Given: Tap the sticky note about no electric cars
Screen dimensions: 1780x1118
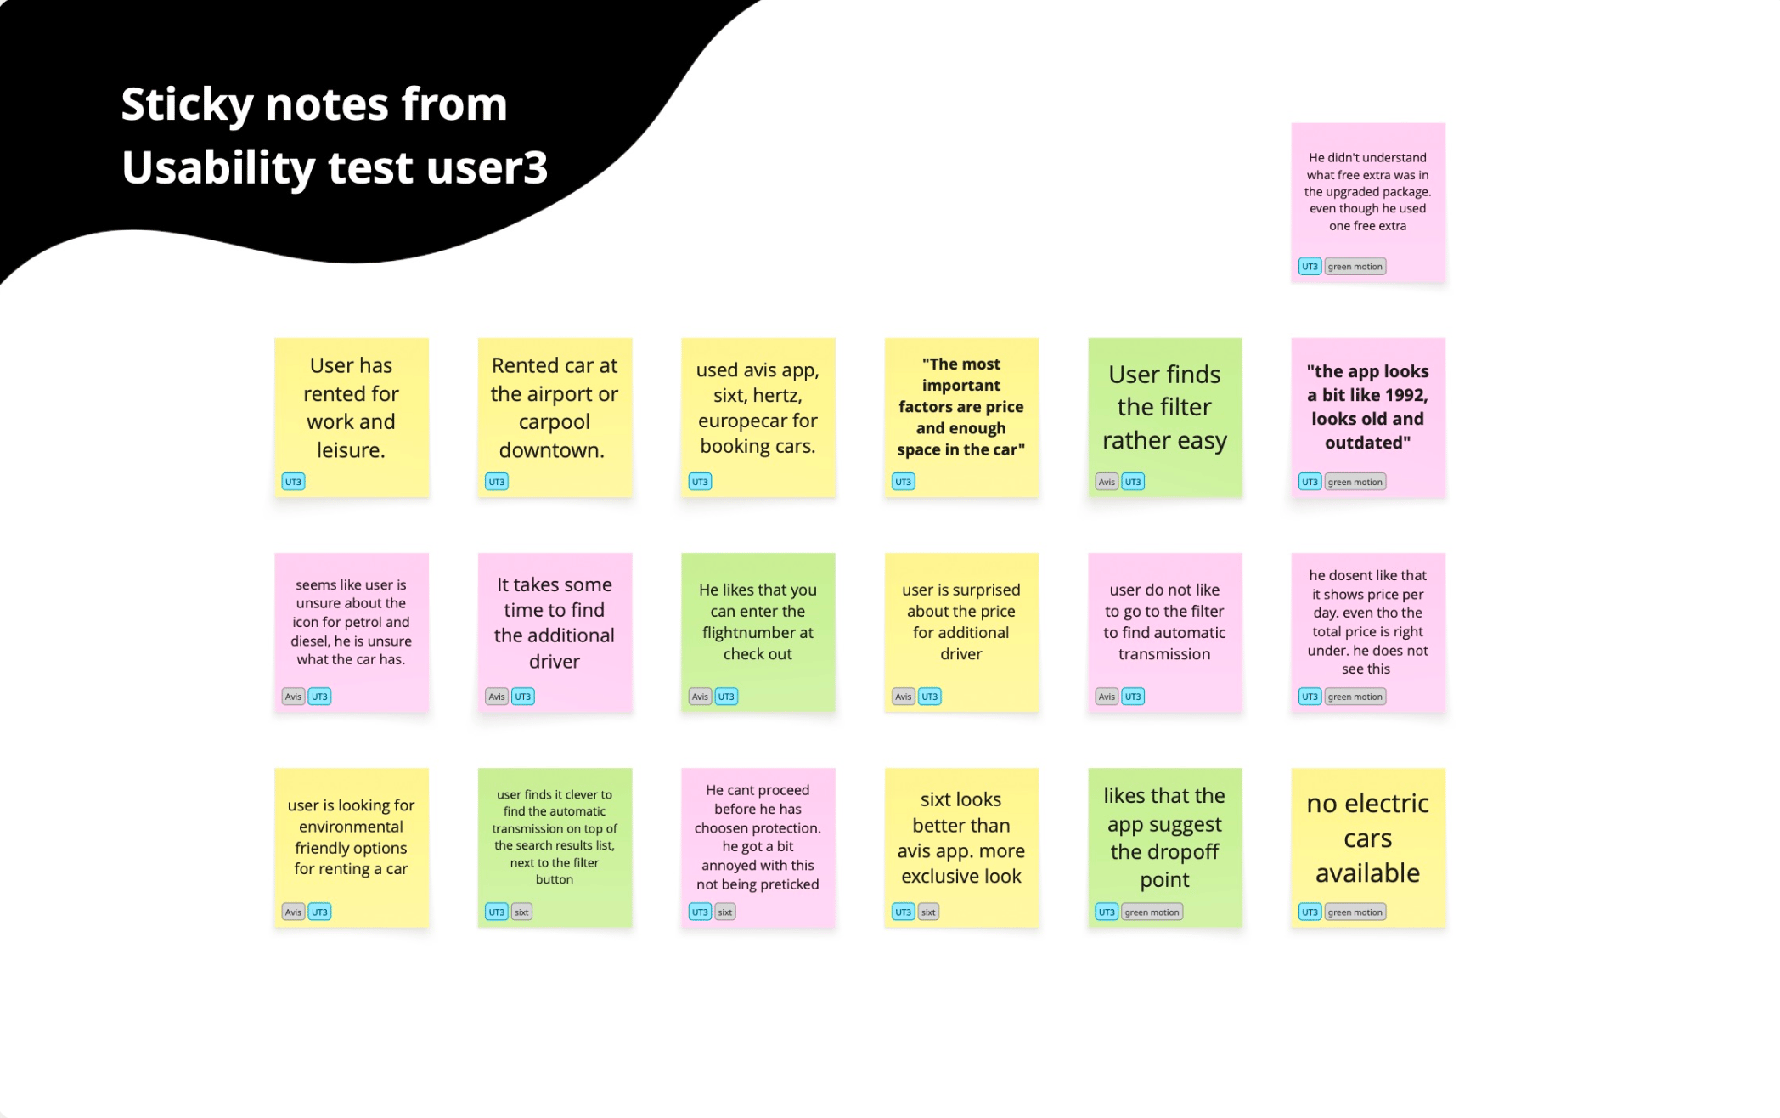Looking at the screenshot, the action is click(x=1368, y=847).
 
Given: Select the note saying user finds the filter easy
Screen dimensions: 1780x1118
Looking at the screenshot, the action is click(x=1164, y=417).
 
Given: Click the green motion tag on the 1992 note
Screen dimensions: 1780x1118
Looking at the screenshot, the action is click(x=1355, y=482).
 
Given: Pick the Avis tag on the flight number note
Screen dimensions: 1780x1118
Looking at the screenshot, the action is click(x=700, y=697).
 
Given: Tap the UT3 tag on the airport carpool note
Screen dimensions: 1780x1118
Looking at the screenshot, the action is click(x=497, y=482).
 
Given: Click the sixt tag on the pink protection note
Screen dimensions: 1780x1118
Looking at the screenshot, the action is click(x=724, y=912).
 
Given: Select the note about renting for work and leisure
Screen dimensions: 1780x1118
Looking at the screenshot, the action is click(x=352, y=417).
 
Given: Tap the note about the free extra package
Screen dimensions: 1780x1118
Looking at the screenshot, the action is click(x=1368, y=202).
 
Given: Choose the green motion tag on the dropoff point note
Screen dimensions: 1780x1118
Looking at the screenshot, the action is click(x=1152, y=912).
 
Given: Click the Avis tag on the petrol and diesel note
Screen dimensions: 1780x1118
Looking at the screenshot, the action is click(x=293, y=697).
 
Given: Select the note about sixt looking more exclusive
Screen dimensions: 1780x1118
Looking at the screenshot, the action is click(x=961, y=847).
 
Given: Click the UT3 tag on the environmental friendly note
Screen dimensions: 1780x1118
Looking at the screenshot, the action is click(x=319, y=912).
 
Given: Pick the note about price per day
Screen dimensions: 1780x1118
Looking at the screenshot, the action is click(x=1368, y=632).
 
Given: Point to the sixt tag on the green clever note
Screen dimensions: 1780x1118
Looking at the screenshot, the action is click(x=521, y=912).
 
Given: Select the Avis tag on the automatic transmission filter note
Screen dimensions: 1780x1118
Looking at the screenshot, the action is click(x=1107, y=697).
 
